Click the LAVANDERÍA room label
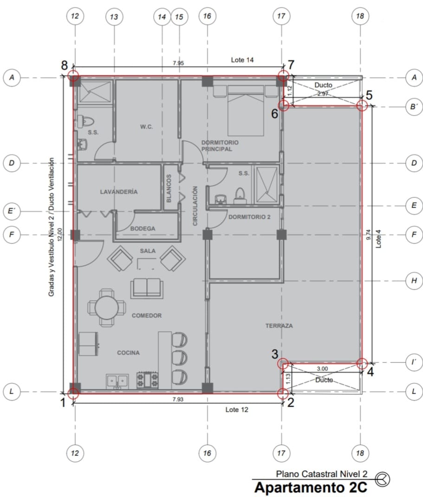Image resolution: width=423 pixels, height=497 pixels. pyautogui.click(x=119, y=192)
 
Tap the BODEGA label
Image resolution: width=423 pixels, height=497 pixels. pyautogui.click(x=143, y=229)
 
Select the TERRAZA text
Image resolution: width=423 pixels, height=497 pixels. pyautogui.click(x=279, y=325)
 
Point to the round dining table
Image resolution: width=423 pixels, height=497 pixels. pyautogui.click(x=106, y=307)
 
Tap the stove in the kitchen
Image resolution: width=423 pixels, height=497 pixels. pyautogui.click(x=147, y=380)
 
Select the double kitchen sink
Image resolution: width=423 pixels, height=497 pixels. pyautogui.click(x=117, y=381)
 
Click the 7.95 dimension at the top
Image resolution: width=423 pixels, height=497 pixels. pyautogui.click(x=178, y=63)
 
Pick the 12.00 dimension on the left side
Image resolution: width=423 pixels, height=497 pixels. pyautogui.click(x=60, y=235)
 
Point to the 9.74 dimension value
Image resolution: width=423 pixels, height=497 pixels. pyautogui.click(x=368, y=235)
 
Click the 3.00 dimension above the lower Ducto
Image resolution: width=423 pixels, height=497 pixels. pyautogui.click(x=322, y=369)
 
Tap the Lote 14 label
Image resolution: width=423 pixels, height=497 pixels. pyautogui.click(x=242, y=60)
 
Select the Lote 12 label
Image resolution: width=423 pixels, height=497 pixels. pyautogui.click(x=237, y=410)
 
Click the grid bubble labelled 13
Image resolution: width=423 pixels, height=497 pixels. pyautogui.click(x=114, y=17)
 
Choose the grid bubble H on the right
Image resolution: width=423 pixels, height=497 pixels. pyautogui.click(x=414, y=280)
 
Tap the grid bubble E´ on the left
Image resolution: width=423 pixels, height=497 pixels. pyautogui.click(x=12, y=211)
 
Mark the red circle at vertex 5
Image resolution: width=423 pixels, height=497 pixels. pyautogui.click(x=362, y=106)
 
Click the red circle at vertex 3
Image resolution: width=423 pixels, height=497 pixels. pyautogui.click(x=283, y=364)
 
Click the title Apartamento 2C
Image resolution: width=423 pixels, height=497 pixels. pyautogui.click(x=311, y=488)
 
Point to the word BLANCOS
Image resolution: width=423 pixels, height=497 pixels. pyautogui.click(x=169, y=188)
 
